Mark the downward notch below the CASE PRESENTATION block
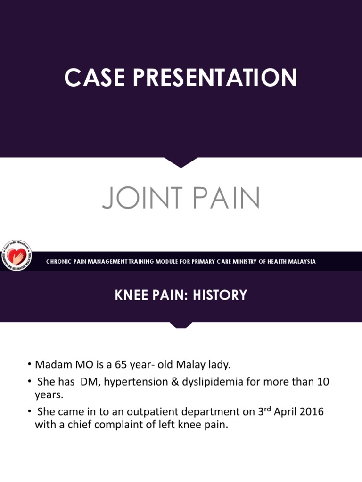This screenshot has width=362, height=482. click(181, 162)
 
